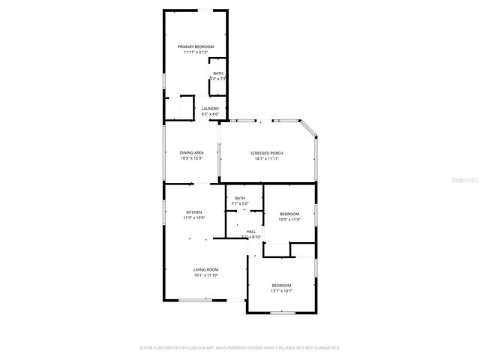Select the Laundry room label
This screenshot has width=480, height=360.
tap(210, 108)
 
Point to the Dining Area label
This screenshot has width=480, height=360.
tap(191, 152)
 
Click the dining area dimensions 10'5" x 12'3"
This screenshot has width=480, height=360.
tap(191, 158)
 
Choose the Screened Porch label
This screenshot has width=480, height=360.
tap(266, 153)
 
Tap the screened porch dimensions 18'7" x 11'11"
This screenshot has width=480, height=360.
tap(266, 159)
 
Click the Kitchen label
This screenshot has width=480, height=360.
tap(194, 212)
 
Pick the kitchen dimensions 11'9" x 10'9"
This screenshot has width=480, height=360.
tap(194, 218)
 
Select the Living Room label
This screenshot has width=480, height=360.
tap(205, 269)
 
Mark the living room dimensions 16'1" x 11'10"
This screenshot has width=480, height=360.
tap(205, 275)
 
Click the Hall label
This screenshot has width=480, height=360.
tap(251, 231)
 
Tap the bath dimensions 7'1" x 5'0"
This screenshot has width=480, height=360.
tap(239, 203)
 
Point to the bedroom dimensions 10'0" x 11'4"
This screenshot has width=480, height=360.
tap(289, 220)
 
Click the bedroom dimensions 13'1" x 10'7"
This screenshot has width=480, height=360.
tap(281, 291)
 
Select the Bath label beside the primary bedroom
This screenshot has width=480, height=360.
tap(217, 73)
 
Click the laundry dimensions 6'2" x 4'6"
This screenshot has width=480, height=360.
tap(210, 114)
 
